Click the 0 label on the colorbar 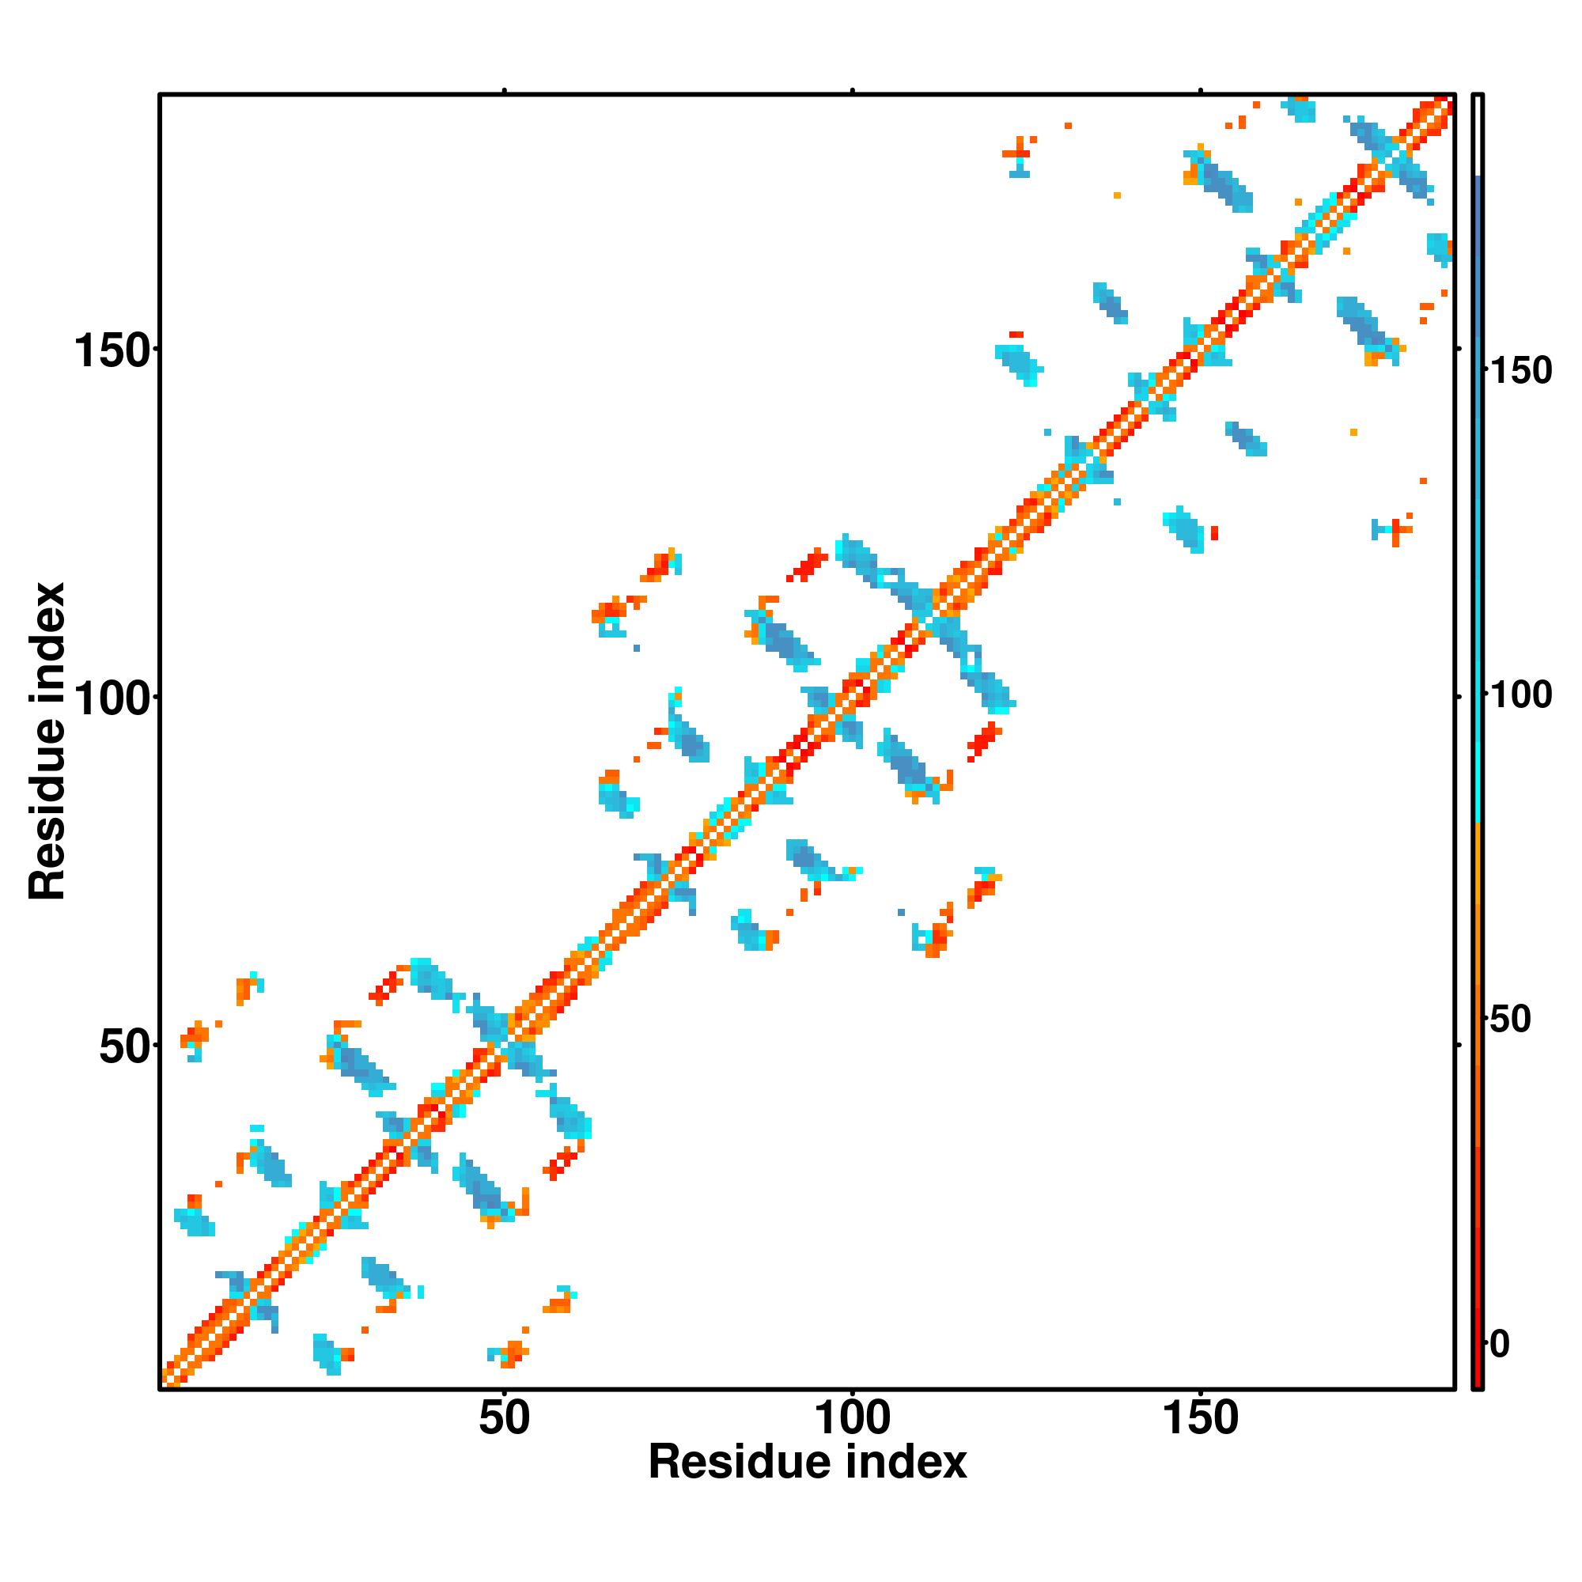click(1500, 1344)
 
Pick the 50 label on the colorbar click(1510, 1020)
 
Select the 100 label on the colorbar click(1521, 695)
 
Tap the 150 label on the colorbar click(1521, 371)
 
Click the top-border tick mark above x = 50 click(505, 91)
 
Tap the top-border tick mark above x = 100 click(853, 91)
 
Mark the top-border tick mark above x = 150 click(1201, 91)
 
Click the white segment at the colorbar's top click(1478, 135)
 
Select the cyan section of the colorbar click(1478, 737)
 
